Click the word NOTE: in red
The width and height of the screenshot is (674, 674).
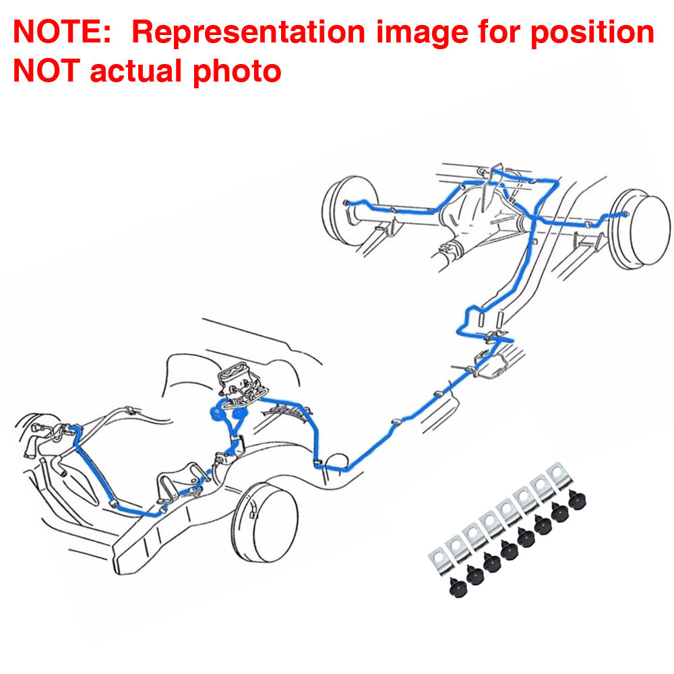point(62,32)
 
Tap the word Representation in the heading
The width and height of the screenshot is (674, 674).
point(249,32)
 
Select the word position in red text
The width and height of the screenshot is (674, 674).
point(592,33)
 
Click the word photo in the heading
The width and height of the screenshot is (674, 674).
point(237,71)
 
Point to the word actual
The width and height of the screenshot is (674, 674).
point(136,71)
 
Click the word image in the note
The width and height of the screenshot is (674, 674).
point(422,33)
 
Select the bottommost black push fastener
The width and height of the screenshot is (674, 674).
point(458,587)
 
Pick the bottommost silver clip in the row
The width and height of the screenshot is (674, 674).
point(441,561)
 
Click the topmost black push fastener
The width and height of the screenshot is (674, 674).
point(577,500)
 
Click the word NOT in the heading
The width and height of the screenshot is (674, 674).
point(47,71)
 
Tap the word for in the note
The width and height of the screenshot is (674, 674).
point(499,32)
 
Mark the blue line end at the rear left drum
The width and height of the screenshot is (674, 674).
point(346,202)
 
